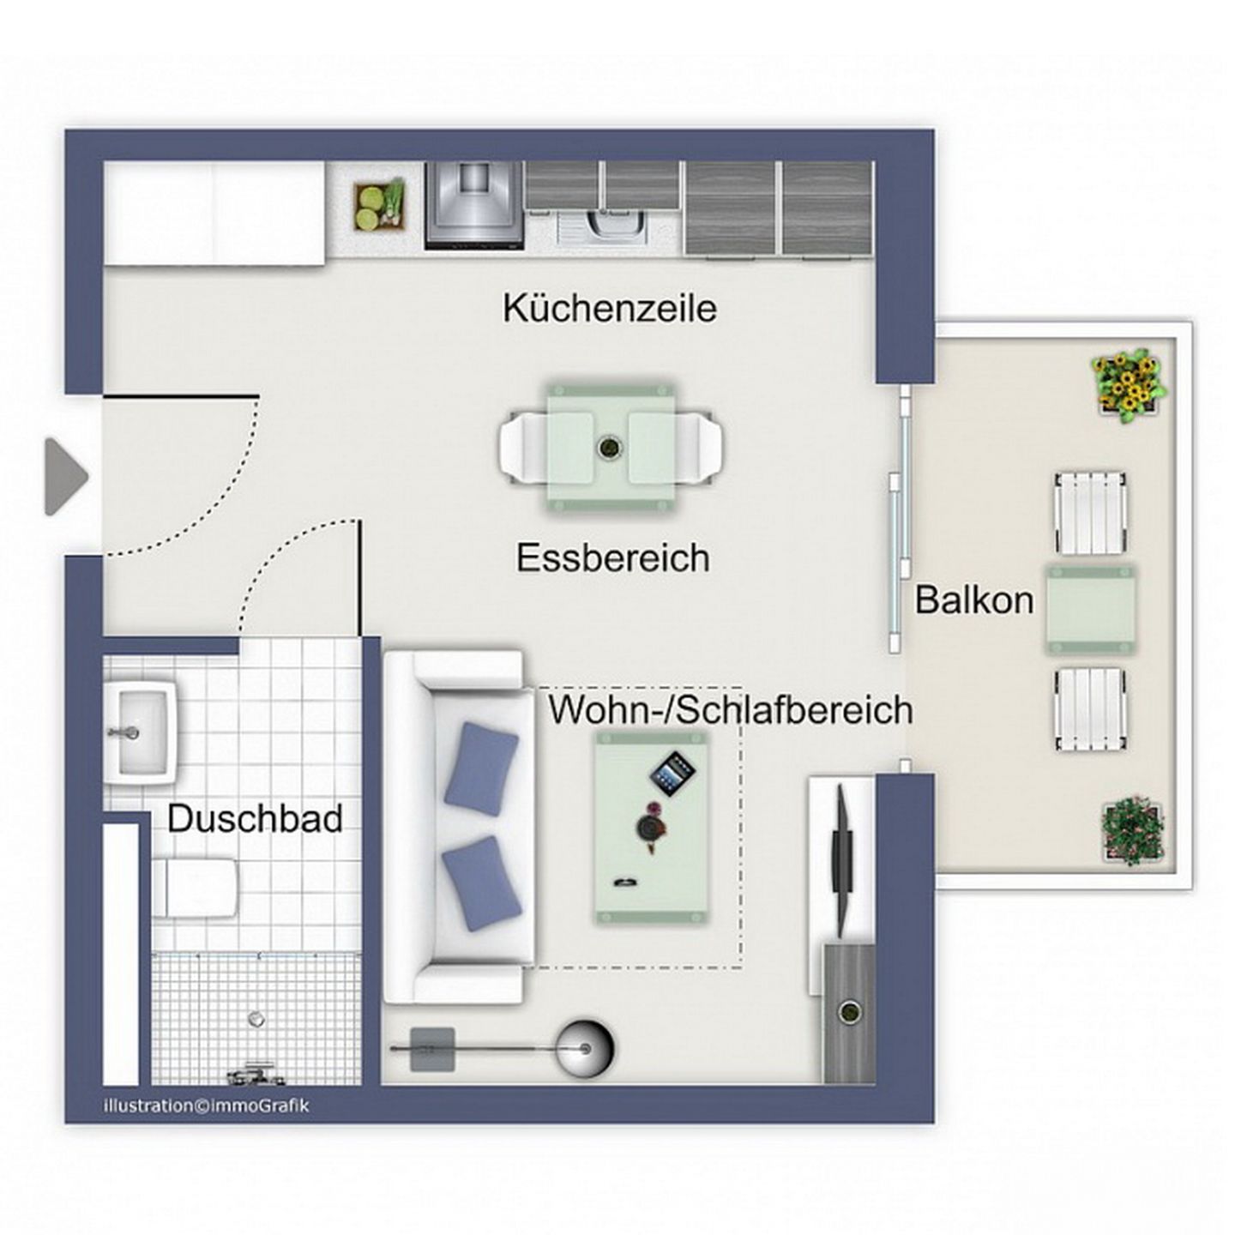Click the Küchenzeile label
610,308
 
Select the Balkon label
974,599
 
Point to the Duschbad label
255,818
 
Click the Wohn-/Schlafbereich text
731,709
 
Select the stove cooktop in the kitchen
475,204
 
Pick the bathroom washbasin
140,732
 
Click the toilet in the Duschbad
195,889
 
